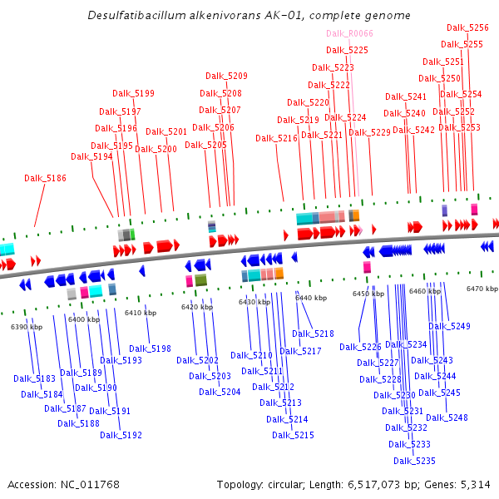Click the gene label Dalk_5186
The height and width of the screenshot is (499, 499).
tap(45, 178)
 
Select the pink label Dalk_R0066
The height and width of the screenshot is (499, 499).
tap(349, 33)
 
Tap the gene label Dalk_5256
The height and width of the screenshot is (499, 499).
tap(467, 27)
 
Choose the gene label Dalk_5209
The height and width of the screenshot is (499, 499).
tap(226, 77)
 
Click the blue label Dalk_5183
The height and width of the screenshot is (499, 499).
tap(34, 379)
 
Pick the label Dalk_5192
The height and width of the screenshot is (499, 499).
tap(121, 435)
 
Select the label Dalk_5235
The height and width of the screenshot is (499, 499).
tap(414, 461)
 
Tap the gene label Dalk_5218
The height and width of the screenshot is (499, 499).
tap(313, 334)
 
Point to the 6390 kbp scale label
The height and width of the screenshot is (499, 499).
tap(26, 328)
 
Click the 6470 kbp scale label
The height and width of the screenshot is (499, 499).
tap(482, 289)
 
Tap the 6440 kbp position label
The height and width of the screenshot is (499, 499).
tap(310, 298)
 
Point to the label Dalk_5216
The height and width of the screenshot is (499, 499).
tap(276, 139)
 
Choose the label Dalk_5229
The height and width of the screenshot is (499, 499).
tap(369, 133)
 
